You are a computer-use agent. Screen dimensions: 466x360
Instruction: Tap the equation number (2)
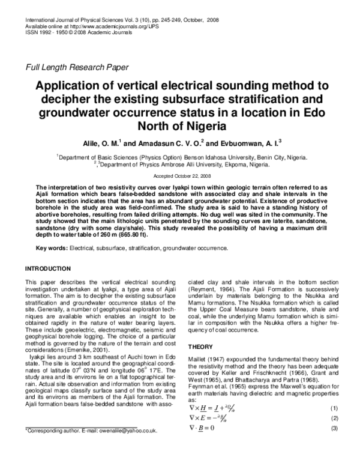(335, 418)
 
